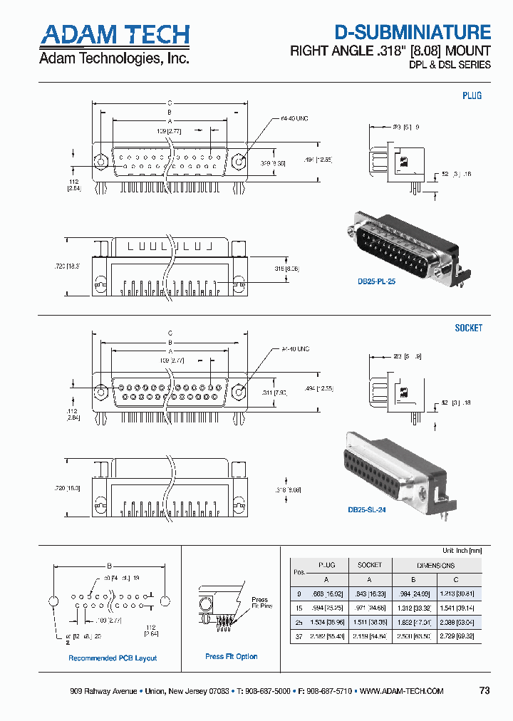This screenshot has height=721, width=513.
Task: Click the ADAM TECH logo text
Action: [114, 35]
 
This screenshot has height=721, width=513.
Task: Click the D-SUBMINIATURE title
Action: [413, 32]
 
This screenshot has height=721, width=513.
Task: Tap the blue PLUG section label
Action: [472, 95]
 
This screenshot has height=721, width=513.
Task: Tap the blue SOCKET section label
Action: [468, 328]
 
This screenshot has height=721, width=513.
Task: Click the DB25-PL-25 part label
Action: [376, 281]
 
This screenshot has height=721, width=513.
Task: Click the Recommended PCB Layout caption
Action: [113, 658]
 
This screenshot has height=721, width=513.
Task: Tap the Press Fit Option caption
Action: [232, 656]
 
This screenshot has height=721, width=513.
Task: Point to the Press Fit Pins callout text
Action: [261, 603]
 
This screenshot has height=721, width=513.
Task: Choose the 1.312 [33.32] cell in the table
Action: [413, 607]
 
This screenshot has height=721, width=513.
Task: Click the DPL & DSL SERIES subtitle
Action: [450, 65]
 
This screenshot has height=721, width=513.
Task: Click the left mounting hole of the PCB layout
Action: [52, 601]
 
